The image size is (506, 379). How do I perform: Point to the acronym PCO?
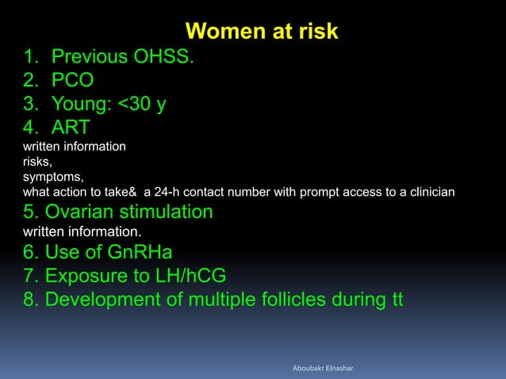(x=73, y=80)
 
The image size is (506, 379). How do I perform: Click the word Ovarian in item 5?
(x=82, y=212)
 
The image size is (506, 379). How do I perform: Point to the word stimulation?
(x=167, y=212)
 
